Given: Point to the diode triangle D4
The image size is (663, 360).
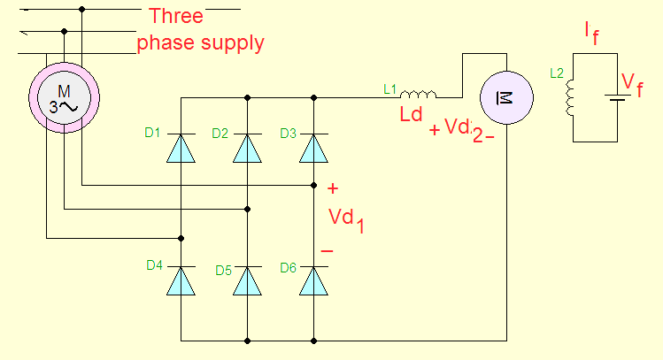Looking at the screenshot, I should (181, 280).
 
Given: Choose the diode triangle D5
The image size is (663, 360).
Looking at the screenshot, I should (247, 280).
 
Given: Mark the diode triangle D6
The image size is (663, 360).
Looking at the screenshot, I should (313, 280).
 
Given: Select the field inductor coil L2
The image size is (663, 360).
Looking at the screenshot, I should (572, 99).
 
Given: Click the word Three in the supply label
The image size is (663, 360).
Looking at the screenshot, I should (176, 17).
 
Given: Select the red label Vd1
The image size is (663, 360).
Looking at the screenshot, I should (346, 219).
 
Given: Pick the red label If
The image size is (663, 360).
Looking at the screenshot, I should (591, 33).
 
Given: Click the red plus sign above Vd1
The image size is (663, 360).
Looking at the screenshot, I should (333, 188).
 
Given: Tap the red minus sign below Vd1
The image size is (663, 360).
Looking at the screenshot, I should (327, 251).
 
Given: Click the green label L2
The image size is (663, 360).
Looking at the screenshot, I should (557, 73).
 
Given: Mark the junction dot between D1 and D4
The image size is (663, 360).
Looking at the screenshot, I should (181, 238).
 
